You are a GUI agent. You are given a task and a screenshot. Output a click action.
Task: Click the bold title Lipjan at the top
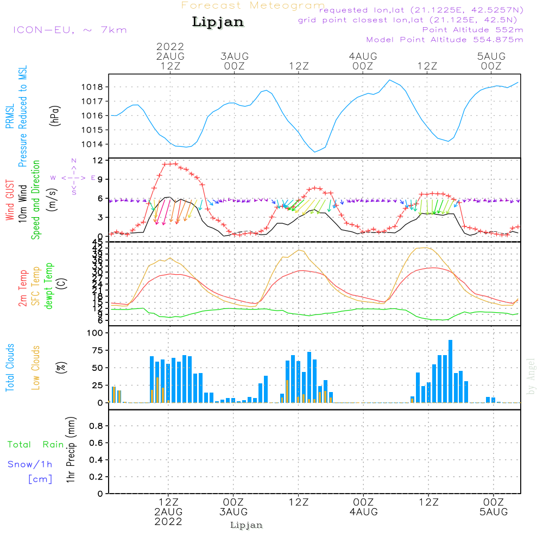[218, 22]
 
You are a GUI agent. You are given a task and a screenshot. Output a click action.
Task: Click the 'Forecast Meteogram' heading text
[253, 5]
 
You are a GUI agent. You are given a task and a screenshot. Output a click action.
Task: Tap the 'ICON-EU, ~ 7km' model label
[70, 30]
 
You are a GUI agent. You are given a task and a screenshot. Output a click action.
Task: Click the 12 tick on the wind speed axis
[98, 161]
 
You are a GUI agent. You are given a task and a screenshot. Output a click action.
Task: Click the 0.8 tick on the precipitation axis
[96, 426]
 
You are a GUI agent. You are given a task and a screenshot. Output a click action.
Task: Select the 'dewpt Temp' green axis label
[49, 286]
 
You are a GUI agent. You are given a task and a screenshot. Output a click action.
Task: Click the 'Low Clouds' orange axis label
[36, 367]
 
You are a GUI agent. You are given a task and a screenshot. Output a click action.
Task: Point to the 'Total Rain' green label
[36, 445]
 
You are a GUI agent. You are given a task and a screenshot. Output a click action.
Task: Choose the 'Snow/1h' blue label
[30, 464]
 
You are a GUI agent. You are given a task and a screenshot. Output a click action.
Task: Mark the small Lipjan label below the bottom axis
[247, 525]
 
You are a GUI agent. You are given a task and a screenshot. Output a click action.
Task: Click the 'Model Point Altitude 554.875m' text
[445, 40]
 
